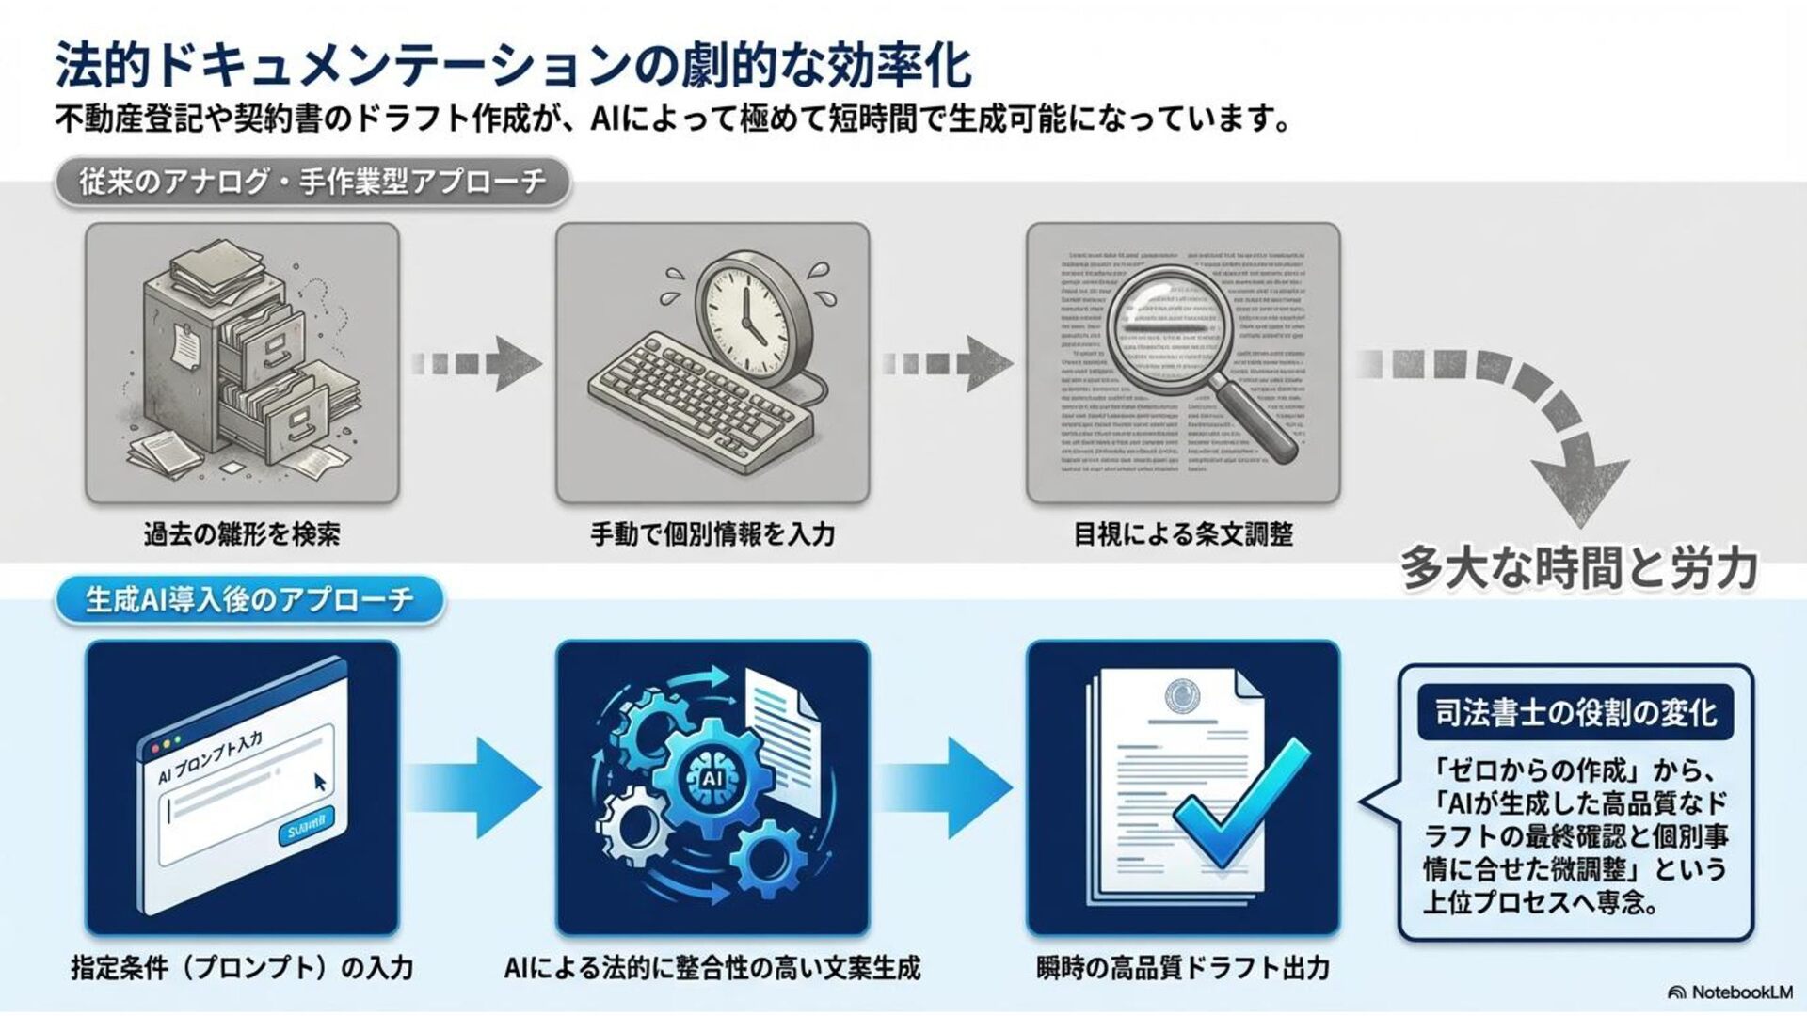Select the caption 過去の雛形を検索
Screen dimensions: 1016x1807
point(242,534)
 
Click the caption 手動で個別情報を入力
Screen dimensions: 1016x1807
point(712,534)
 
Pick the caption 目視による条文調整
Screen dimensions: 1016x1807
point(1183,534)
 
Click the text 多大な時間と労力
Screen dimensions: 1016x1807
point(1579,567)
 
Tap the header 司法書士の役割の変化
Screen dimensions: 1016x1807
point(1575,713)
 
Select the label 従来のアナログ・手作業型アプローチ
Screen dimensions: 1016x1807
point(312,182)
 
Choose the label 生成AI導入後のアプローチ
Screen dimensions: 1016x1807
point(249,600)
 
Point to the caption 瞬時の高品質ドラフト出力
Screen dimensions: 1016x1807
point(1183,967)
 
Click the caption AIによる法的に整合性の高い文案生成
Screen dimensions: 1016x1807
point(712,967)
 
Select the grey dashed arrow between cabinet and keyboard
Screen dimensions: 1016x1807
point(476,363)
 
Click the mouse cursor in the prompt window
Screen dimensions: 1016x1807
point(321,781)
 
